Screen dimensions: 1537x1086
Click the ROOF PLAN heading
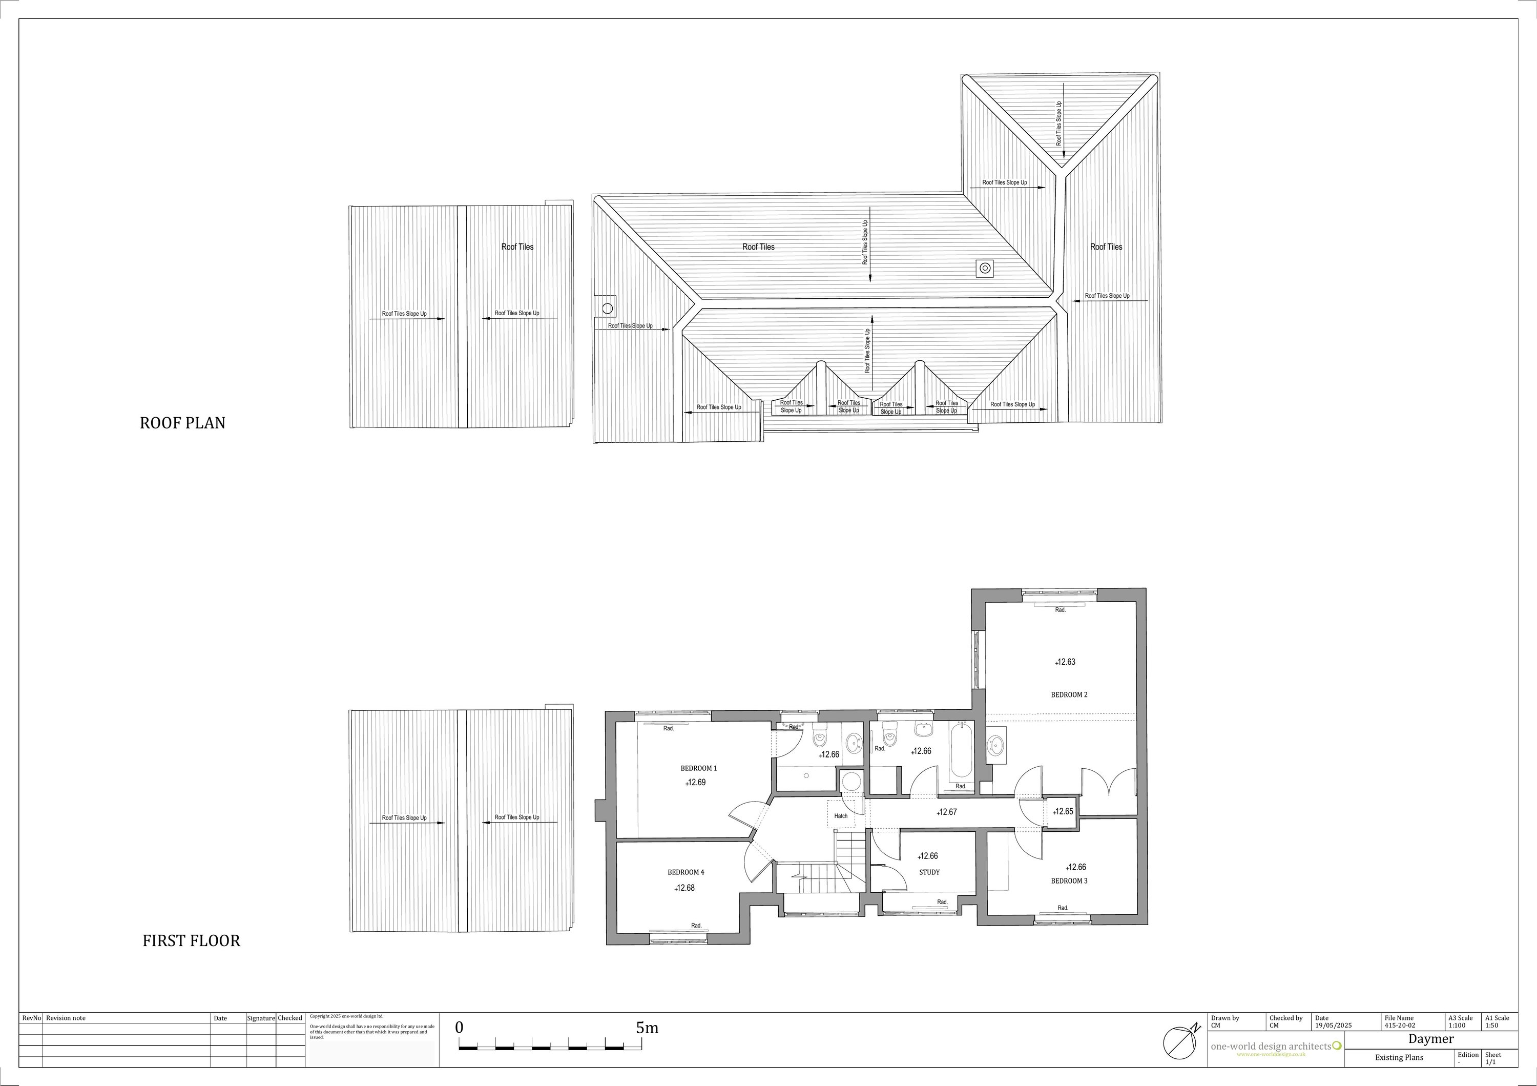click(x=183, y=423)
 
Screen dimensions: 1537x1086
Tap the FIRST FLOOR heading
click(x=192, y=941)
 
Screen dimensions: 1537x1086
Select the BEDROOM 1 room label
click(x=699, y=768)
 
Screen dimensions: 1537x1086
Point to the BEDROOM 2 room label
click(x=1069, y=694)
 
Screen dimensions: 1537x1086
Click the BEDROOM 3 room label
click(x=1069, y=880)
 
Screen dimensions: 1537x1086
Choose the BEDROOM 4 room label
click(x=686, y=872)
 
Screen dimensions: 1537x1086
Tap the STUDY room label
click(x=929, y=872)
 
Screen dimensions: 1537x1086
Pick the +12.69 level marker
click(x=696, y=782)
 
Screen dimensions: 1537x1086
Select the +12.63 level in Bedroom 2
click(x=1065, y=662)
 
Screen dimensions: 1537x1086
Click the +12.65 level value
click(x=1063, y=811)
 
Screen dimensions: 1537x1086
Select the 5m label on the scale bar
click(x=648, y=1028)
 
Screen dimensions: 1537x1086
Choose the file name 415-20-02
click(x=1400, y=1025)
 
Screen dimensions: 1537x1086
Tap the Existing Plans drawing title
click(x=1399, y=1058)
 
